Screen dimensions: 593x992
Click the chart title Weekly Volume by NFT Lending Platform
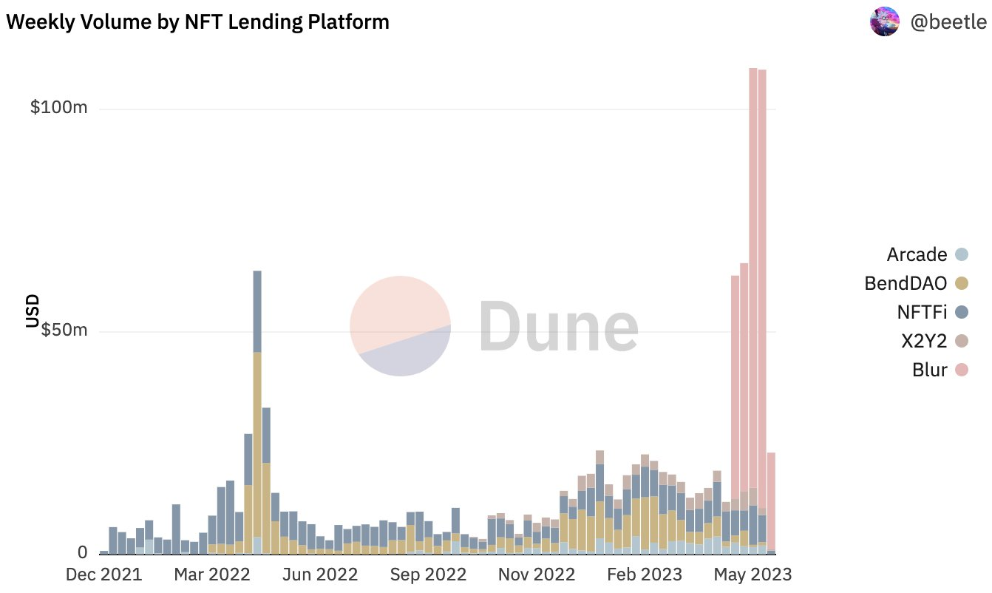[x=197, y=22]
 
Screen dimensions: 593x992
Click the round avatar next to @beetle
[x=885, y=22]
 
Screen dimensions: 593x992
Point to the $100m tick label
[x=59, y=108]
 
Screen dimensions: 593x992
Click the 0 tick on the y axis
[x=82, y=552]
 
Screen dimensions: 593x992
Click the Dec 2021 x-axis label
[x=103, y=575]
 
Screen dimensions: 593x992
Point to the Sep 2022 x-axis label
[x=427, y=575]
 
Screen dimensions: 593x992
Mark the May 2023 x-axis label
[x=752, y=575]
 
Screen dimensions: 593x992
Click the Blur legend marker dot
[x=961, y=370]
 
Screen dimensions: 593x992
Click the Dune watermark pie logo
[x=400, y=325]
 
